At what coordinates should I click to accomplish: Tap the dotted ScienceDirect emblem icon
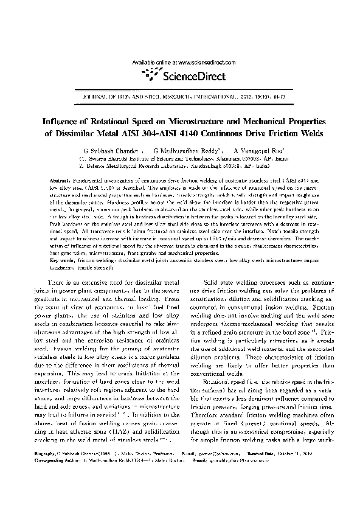click(148, 74)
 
